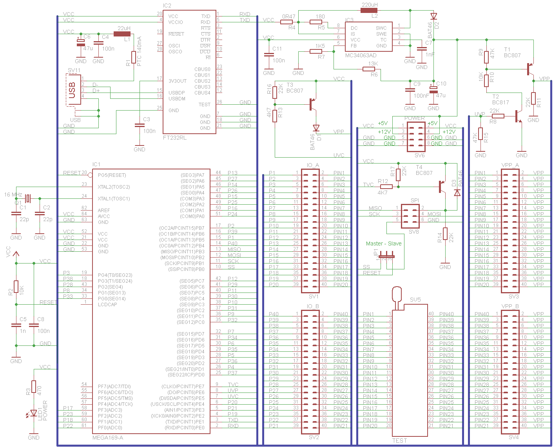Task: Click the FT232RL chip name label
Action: click(175, 138)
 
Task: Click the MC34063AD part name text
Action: click(361, 55)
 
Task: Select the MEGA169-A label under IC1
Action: click(107, 438)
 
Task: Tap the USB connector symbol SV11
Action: click(73, 90)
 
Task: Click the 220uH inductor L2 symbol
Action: click(369, 10)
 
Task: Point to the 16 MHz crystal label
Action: click(13, 194)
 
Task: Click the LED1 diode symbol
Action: click(34, 413)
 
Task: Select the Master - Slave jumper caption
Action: click(384, 243)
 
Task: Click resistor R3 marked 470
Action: click(34, 386)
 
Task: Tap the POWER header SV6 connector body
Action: click(416, 137)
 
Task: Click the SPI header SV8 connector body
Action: click(410, 214)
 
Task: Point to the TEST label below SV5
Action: click(399, 441)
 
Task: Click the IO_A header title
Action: click(313, 165)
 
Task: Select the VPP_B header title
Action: click(510, 306)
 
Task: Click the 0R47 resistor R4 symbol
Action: click(286, 22)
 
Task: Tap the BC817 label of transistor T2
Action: click(500, 102)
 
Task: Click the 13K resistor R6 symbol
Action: click(369, 69)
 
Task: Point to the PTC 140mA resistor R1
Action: click(134, 57)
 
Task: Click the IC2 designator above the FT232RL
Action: click(167, 5)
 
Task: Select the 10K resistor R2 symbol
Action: click(16, 287)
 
